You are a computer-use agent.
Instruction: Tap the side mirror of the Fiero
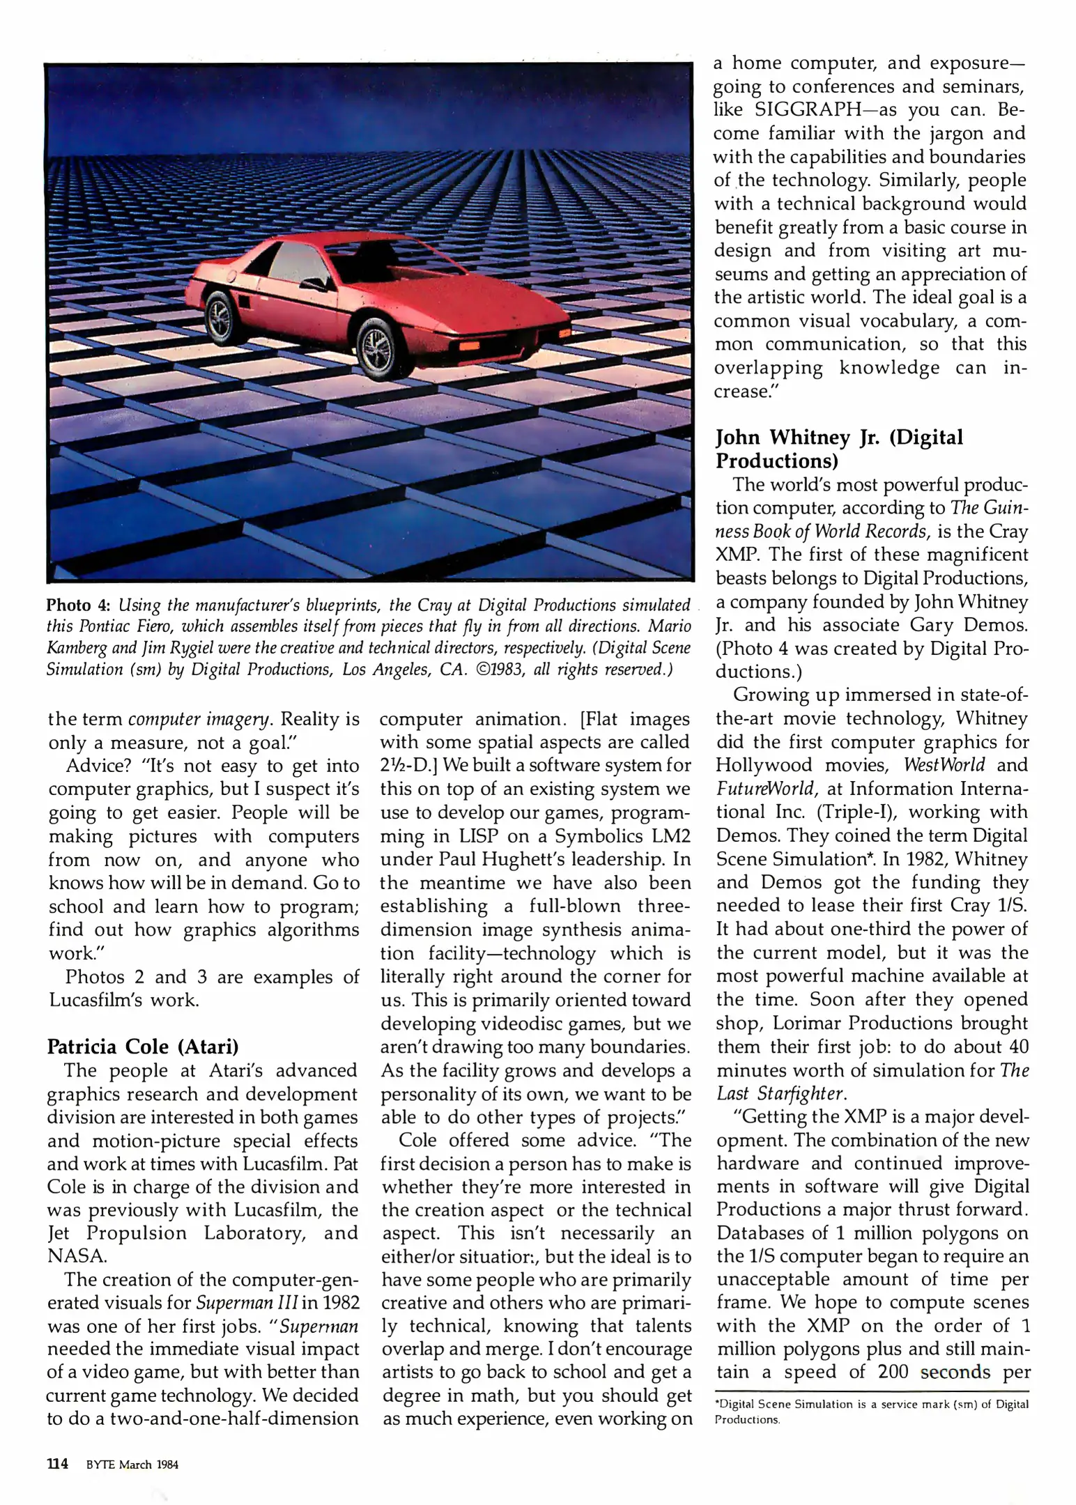point(314,283)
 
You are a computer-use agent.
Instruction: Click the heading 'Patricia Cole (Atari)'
point(143,1047)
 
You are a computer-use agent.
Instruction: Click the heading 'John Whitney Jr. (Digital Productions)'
point(839,449)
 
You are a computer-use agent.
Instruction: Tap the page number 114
point(57,1464)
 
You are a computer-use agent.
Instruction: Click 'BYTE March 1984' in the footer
point(132,1465)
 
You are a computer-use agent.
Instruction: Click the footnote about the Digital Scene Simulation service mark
point(871,1412)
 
